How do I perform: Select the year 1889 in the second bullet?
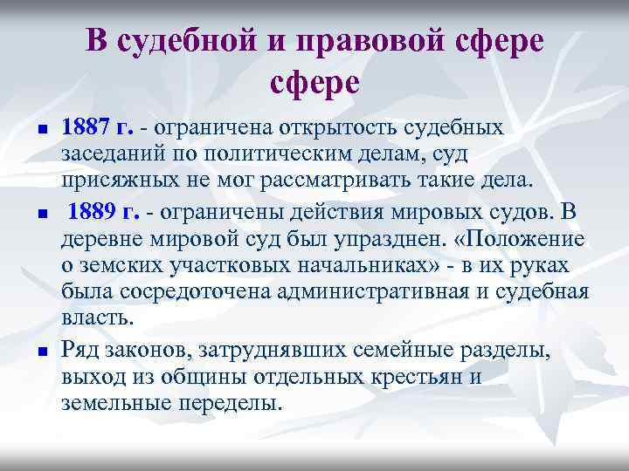(93, 212)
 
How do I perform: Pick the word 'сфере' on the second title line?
(314, 84)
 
